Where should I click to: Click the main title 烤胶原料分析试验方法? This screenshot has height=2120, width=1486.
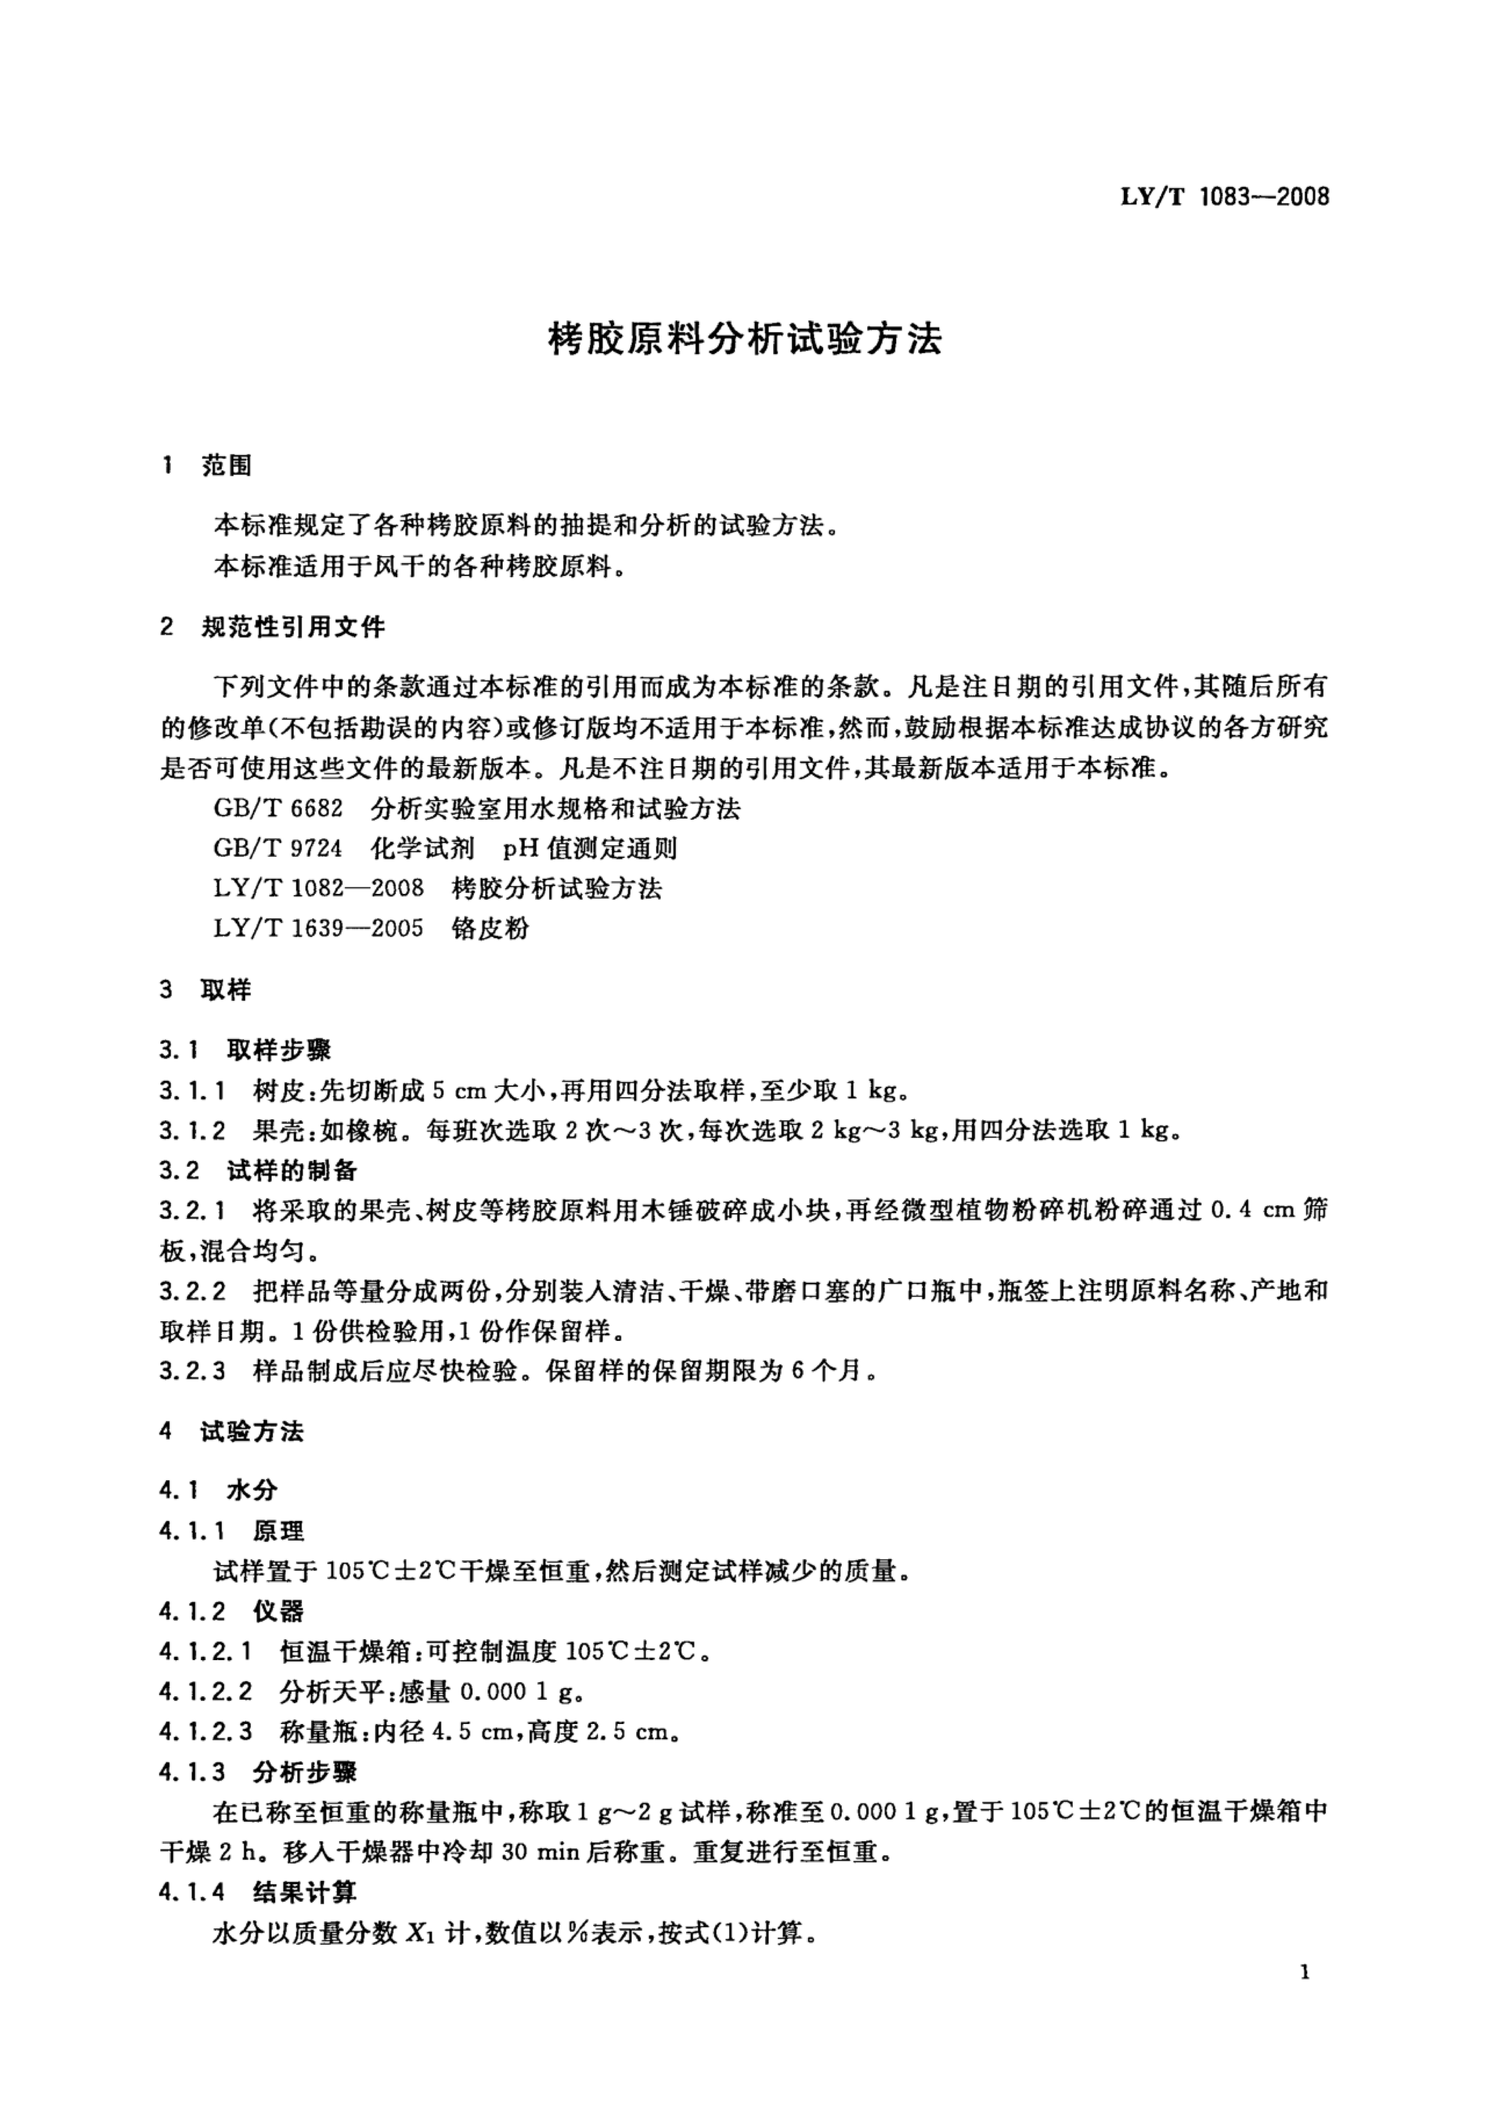click(x=744, y=340)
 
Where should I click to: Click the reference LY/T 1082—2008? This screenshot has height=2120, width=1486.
click(x=319, y=888)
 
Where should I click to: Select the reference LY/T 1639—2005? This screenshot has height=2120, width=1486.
click(x=319, y=928)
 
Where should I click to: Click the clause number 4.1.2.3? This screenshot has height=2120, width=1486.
click(x=205, y=1732)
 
